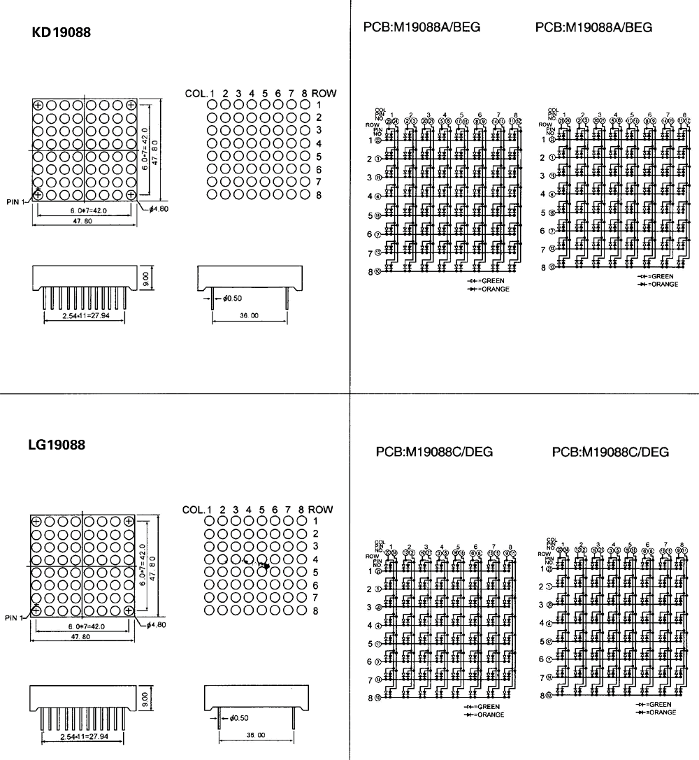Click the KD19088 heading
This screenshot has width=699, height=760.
[62, 32]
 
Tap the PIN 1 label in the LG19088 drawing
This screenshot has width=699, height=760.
[14, 618]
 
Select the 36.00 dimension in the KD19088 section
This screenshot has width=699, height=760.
[250, 316]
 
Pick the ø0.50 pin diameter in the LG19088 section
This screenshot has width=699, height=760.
[236, 717]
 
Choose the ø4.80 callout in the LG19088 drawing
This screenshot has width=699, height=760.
[155, 624]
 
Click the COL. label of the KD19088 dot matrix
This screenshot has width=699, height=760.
[196, 93]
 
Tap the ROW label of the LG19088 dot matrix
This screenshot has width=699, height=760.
[321, 510]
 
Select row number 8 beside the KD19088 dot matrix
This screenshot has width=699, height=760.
[318, 195]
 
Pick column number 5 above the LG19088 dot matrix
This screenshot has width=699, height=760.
[261, 510]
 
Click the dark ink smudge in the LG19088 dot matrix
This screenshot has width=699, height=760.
[264, 564]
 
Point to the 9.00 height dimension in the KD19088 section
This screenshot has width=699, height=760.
[145, 279]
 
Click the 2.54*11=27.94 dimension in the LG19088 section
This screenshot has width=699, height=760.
[82, 737]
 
